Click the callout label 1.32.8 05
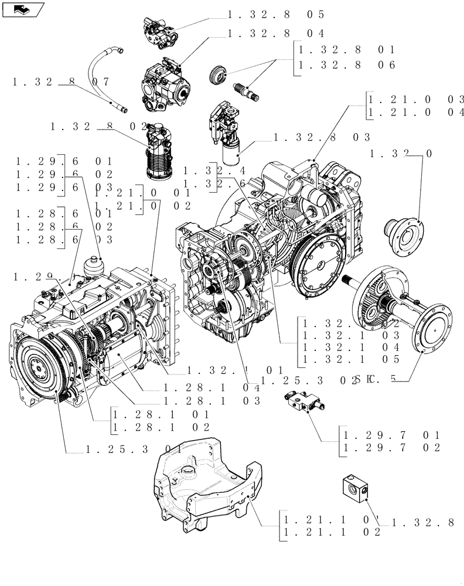click(x=275, y=14)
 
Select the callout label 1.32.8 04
click(x=275, y=33)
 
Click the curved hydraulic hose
click(x=104, y=76)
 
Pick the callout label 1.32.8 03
click(x=321, y=138)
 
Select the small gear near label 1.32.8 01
click(x=218, y=74)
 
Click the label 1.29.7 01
click(x=390, y=435)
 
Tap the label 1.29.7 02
click(x=390, y=448)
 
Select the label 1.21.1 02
click(x=332, y=532)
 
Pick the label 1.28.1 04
click(x=212, y=387)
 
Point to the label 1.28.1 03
click(x=212, y=401)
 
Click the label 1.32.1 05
click(x=350, y=359)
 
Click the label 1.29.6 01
click(x=63, y=161)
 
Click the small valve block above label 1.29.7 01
click(x=303, y=401)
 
